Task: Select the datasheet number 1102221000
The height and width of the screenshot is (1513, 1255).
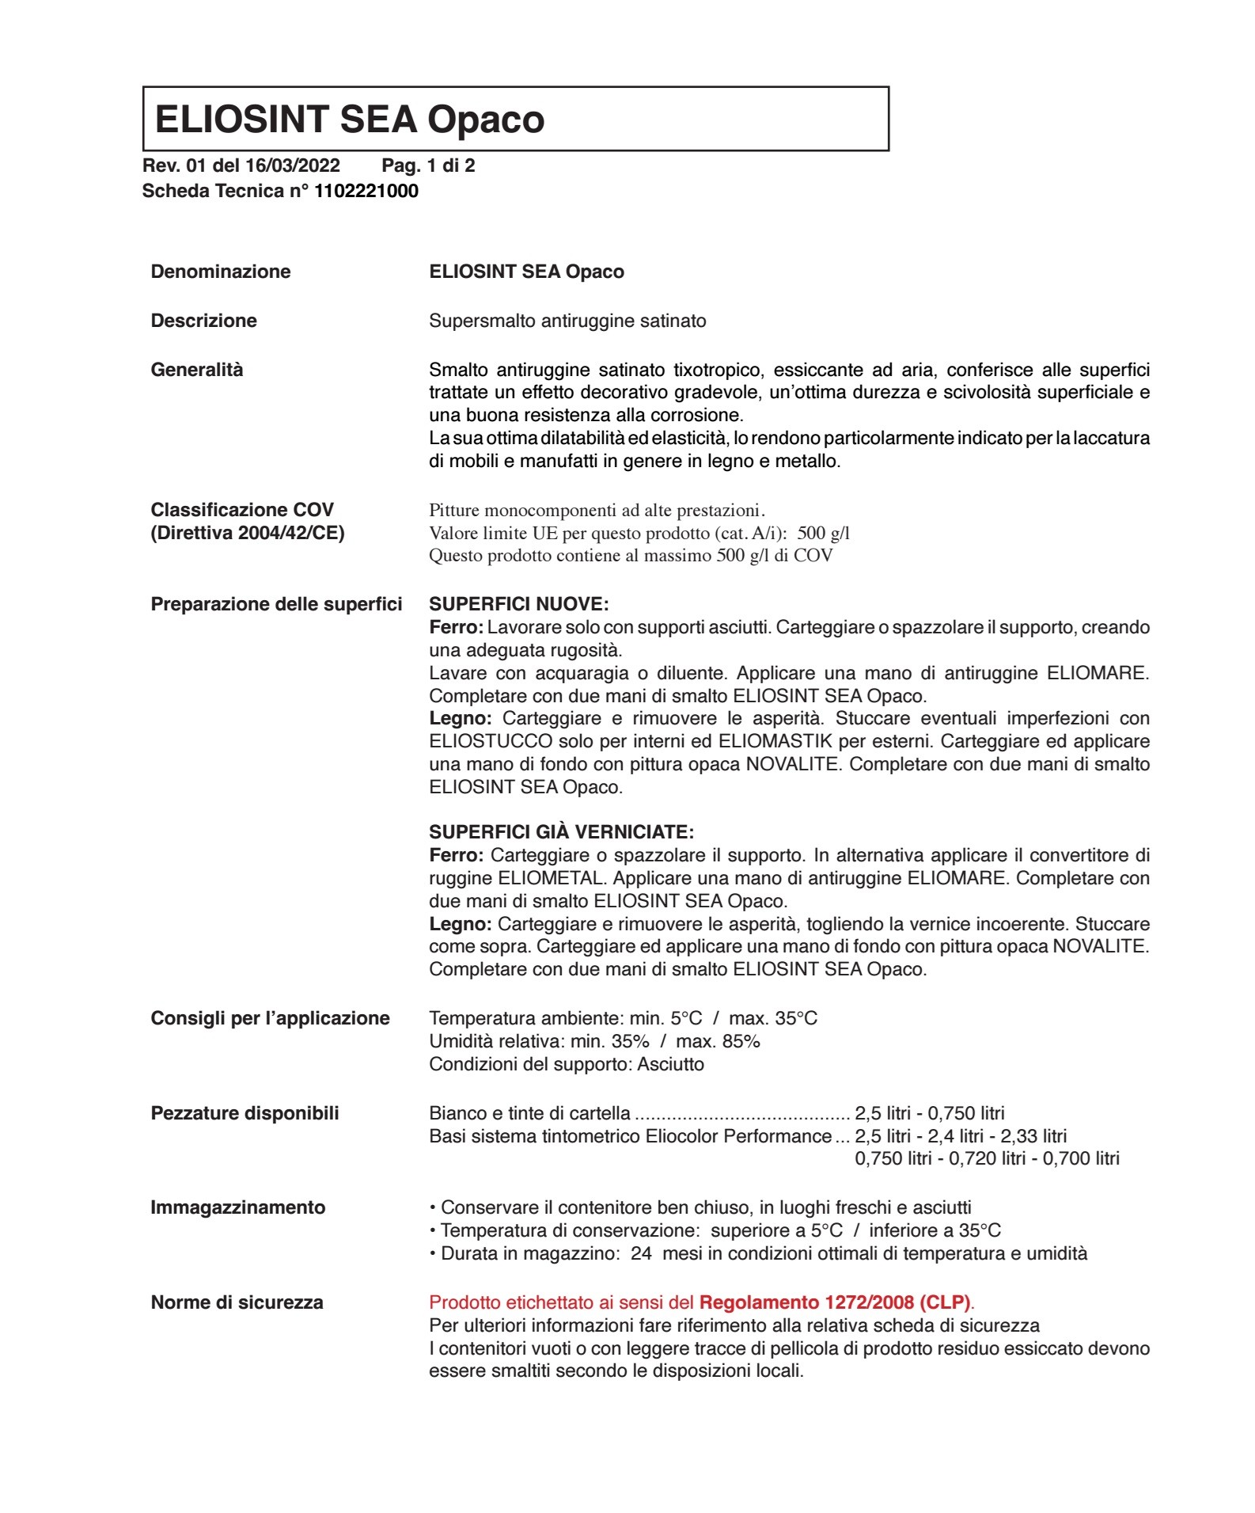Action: point(366,191)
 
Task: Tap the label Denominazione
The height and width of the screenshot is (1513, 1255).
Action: point(221,272)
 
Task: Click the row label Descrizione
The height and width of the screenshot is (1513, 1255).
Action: point(204,321)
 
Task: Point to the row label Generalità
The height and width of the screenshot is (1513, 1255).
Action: point(197,370)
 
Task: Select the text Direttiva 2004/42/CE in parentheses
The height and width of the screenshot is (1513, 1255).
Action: point(248,533)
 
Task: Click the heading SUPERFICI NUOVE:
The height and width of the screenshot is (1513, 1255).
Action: point(519,604)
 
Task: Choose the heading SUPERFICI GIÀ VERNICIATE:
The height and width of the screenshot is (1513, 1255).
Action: point(561,832)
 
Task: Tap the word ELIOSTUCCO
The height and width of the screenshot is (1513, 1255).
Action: point(491,742)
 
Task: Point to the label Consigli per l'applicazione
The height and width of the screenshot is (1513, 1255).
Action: point(271,1018)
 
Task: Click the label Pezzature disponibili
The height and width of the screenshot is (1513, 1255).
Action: point(245,1113)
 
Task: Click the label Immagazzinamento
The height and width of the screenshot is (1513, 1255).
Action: point(238,1207)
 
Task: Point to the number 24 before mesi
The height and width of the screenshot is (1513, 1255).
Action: point(641,1253)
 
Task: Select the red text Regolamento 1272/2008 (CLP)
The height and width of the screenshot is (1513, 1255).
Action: point(836,1302)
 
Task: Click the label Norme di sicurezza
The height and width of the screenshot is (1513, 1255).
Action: point(237,1302)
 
